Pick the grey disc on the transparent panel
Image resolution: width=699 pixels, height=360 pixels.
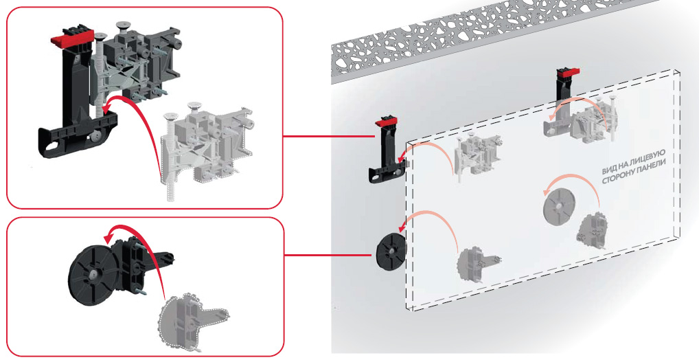pos(560,206)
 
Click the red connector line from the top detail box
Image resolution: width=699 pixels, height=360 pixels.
pos(329,136)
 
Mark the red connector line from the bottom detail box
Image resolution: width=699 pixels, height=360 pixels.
pos(328,255)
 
